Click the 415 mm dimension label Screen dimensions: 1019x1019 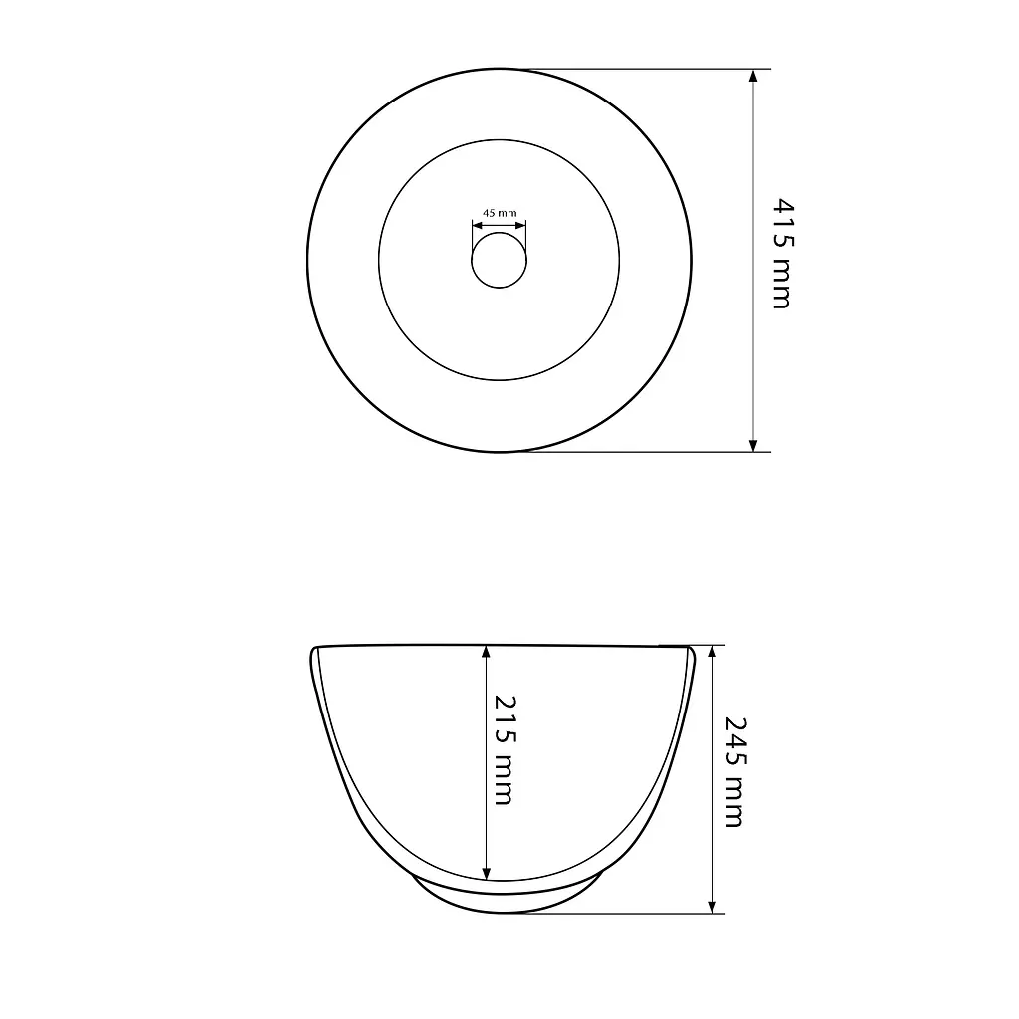[783, 254]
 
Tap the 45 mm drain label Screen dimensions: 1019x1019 [500, 213]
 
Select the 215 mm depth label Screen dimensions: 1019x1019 [505, 750]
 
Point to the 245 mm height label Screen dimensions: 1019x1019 [735, 772]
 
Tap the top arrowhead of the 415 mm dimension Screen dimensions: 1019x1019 [753, 76]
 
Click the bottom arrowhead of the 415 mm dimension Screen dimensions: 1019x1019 [753, 445]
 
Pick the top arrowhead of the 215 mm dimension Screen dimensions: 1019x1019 [486, 652]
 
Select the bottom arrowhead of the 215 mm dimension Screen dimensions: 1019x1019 [486, 873]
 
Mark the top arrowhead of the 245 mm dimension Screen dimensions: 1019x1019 [713, 653]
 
